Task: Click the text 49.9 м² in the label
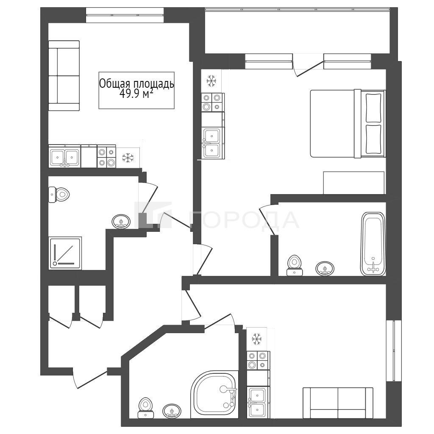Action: (136, 95)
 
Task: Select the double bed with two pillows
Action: (348, 123)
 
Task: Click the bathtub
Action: (373, 244)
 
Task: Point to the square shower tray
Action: (65, 253)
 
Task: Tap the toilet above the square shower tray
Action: (58, 195)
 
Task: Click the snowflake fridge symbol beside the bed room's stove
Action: (211, 81)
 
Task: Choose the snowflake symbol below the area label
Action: (128, 158)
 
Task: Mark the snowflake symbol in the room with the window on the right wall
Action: (257, 339)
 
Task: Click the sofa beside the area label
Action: (64, 75)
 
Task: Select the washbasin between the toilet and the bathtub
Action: (325, 268)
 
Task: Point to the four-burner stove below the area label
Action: (106, 156)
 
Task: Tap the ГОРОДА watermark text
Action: (245, 220)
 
